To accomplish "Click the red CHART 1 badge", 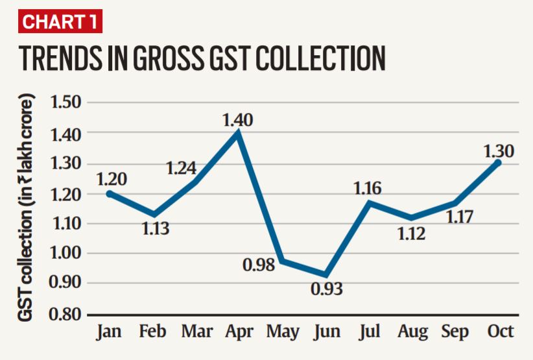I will [60, 21].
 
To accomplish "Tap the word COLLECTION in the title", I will [316, 58].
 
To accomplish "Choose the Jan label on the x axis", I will [109, 331].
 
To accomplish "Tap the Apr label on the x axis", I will [239, 331].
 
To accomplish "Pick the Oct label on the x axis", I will [500, 331].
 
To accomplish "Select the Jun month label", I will [326, 331].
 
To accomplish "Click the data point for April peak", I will [239, 132].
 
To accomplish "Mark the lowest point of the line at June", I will [326, 275].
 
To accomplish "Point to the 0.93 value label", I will [327, 289].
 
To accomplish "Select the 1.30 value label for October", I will [498, 151].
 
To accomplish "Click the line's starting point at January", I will [109, 193].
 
